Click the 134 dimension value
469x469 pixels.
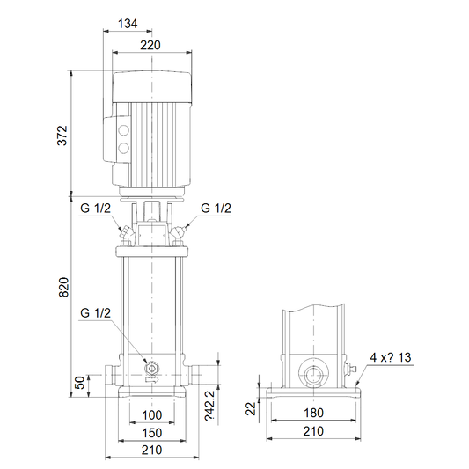click(128, 24)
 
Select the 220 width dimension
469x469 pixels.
click(150, 45)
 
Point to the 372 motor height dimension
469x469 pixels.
click(62, 136)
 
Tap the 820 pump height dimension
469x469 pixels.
click(63, 287)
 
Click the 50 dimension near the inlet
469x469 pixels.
click(79, 383)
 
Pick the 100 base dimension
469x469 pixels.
click(152, 415)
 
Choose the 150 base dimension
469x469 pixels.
click(152, 433)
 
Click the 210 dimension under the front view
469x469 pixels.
click(152, 450)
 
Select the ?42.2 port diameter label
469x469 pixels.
click(209, 406)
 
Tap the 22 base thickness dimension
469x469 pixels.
click(251, 408)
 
